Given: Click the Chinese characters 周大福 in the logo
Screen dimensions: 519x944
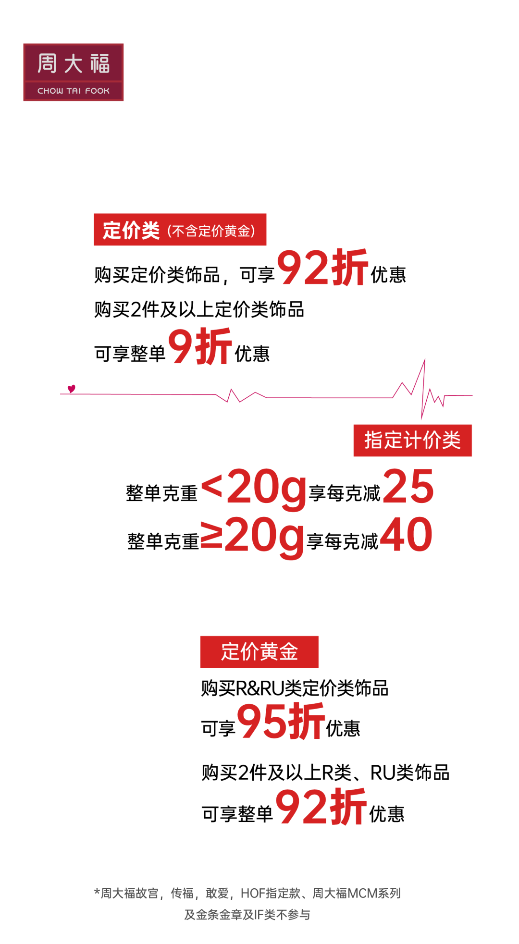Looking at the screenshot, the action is (74, 64).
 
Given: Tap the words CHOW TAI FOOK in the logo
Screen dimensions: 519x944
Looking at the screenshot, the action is (74, 91).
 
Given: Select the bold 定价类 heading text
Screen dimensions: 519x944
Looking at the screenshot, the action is (131, 231).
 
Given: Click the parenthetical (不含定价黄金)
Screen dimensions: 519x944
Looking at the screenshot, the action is (211, 231).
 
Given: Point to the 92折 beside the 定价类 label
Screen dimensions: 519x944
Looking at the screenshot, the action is (322, 268).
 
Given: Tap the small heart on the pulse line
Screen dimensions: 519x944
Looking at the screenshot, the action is (72, 388).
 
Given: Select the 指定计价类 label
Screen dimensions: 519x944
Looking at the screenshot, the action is (412, 441).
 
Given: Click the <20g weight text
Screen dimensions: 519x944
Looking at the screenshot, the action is (254, 488).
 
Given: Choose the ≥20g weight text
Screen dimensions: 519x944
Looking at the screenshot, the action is (253, 536).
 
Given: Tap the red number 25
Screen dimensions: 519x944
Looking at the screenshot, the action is (408, 487).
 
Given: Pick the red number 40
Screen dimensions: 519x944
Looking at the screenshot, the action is (407, 534).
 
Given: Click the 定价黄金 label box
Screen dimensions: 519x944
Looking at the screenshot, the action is (259, 652).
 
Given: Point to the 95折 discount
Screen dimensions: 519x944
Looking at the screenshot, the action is (281, 721).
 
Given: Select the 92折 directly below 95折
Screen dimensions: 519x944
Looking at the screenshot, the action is (321, 807).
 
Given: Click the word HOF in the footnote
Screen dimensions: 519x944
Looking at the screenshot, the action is (252, 894).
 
